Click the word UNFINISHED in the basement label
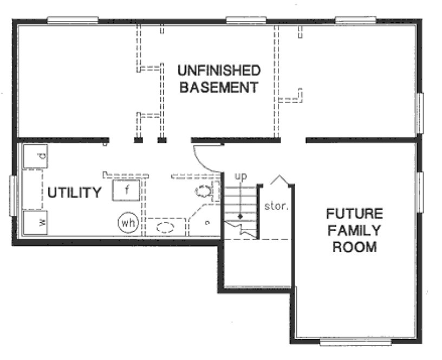(219, 70)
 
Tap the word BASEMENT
(219, 87)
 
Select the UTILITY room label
(74, 192)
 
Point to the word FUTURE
(354, 213)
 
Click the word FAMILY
(354, 230)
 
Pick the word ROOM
(354, 247)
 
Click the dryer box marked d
(35, 157)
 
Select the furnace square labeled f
(127, 190)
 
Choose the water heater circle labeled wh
(128, 223)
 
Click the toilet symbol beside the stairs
(204, 191)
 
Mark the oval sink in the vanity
(166, 227)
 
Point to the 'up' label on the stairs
(240, 177)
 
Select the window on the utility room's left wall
(14, 196)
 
